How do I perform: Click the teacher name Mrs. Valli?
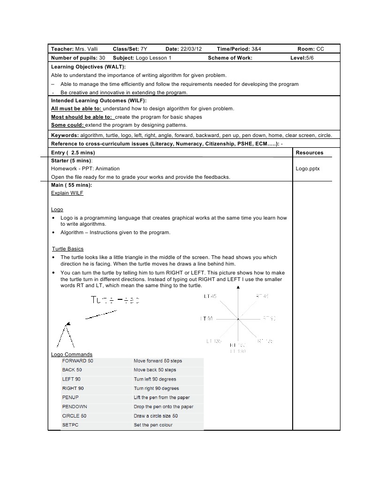click(87, 49)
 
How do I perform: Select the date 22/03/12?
click(191, 49)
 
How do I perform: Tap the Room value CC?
click(320, 49)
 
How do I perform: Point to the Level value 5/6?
click(310, 58)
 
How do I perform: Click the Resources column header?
click(309, 152)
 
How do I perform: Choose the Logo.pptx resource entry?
click(308, 168)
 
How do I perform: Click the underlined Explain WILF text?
click(67, 193)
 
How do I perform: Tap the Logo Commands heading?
click(71, 354)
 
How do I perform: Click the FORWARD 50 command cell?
click(77, 361)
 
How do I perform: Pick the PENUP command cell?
click(70, 397)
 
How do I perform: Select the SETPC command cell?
click(70, 425)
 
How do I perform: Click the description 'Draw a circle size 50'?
click(156, 416)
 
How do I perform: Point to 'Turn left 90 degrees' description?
click(155, 379)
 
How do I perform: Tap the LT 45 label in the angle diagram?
click(210, 296)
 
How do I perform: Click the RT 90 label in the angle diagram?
click(269, 319)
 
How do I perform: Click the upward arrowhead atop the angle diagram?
click(238, 287)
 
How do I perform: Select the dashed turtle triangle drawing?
click(64, 335)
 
